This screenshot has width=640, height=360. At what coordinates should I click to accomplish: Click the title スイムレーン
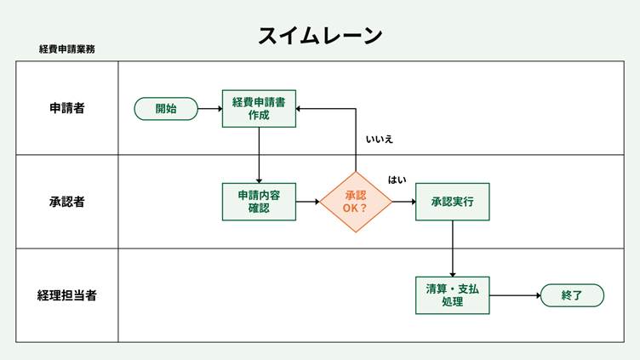(x=320, y=35)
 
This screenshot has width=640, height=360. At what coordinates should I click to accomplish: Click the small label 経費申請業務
(x=67, y=49)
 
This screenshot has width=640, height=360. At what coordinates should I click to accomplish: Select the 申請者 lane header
(x=66, y=108)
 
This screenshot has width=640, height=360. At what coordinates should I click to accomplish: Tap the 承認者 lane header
(x=66, y=202)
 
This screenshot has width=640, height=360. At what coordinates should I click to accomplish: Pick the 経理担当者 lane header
(x=66, y=295)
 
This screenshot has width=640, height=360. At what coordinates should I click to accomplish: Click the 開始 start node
(x=166, y=108)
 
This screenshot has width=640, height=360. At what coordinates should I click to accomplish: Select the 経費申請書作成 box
(x=259, y=108)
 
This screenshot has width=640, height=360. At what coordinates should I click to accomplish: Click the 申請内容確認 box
(x=259, y=202)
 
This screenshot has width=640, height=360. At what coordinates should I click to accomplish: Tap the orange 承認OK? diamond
(x=356, y=202)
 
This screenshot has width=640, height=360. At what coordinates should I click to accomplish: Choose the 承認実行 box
(x=452, y=202)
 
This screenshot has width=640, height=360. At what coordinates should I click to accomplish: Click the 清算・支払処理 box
(x=452, y=295)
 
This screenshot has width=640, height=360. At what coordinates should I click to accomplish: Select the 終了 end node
(x=571, y=295)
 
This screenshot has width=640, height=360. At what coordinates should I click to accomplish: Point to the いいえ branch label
(x=379, y=139)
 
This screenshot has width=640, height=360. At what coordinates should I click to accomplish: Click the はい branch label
(x=397, y=180)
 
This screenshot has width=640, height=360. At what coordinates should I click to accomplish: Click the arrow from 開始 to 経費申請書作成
(x=209, y=109)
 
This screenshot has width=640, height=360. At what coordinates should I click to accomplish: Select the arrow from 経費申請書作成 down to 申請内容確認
(x=259, y=155)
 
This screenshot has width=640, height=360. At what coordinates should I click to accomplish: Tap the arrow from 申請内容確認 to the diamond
(x=307, y=202)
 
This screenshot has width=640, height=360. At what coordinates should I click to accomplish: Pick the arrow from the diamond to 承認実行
(x=403, y=202)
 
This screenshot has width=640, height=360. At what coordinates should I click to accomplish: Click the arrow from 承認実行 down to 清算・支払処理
(x=452, y=249)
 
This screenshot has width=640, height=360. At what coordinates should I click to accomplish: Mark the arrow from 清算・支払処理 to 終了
(x=515, y=295)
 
